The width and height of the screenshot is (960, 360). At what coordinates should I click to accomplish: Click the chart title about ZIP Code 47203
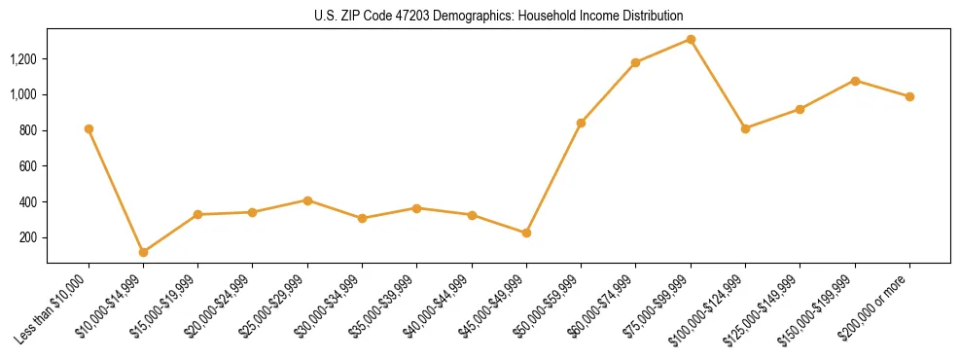point(498,16)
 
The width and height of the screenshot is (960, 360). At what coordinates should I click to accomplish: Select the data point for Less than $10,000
point(89,128)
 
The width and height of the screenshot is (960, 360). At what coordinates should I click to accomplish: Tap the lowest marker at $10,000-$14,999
point(143,252)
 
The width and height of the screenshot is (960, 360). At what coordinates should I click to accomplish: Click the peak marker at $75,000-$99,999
point(691,39)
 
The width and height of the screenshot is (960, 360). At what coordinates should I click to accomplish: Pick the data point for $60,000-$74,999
point(635,62)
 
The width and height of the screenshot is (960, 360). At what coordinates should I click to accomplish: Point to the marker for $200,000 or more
point(909,96)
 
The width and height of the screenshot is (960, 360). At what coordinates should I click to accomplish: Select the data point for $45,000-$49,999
point(526,233)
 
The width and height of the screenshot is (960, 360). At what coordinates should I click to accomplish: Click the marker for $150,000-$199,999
point(855,80)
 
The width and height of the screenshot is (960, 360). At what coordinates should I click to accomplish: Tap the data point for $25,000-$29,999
point(307,200)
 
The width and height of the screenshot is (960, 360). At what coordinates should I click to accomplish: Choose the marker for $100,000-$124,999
point(745,128)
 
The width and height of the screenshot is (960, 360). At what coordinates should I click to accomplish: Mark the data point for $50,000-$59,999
point(581,123)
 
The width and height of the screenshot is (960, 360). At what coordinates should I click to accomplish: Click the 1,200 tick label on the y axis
point(22,59)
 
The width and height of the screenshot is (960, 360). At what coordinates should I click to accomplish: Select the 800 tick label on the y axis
point(28,130)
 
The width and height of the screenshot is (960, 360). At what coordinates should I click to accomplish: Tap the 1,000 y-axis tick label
point(22,94)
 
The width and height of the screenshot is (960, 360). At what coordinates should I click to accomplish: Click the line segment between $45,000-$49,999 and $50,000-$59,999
point(553,178)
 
